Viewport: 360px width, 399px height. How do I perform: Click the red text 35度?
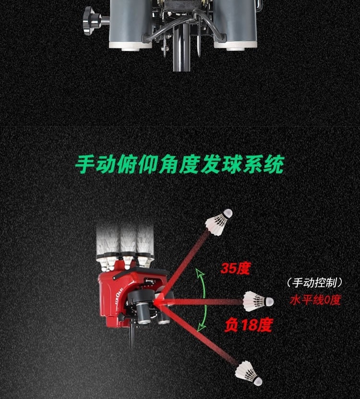pyautogui.click(x=235, y=268)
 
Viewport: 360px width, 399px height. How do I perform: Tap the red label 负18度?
pyautogui.click(x=248, y=325)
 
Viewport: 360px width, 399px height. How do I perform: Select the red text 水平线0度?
pyautogui.click(x=315, y=301)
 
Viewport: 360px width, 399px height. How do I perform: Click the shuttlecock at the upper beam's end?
pyautogui.click(x=219, y=222)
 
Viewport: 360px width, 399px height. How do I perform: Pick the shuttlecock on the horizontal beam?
pyautogui.click(x=258, y=301)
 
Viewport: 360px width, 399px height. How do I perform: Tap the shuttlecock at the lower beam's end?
pyautogui.click(x=249, y=373)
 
